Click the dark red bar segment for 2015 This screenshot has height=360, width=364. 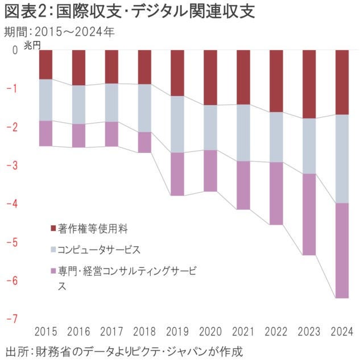pos(45,64)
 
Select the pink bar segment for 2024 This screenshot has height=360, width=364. pos(342,250)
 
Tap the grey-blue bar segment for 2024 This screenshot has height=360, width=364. pos(342,159)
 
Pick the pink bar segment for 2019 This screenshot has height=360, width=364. pos(177,174)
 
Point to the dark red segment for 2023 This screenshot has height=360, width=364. pos(309,84)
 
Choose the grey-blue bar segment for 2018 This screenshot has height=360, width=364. pos(144,108)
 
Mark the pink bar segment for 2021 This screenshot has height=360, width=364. pos(243,185)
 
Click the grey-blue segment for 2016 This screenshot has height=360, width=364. pos(78,105)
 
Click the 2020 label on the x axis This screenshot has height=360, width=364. pos(210,332)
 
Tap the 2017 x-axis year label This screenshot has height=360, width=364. pos(111,332)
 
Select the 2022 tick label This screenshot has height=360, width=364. pos(276,332)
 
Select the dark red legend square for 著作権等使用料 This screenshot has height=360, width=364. pos(53,229)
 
